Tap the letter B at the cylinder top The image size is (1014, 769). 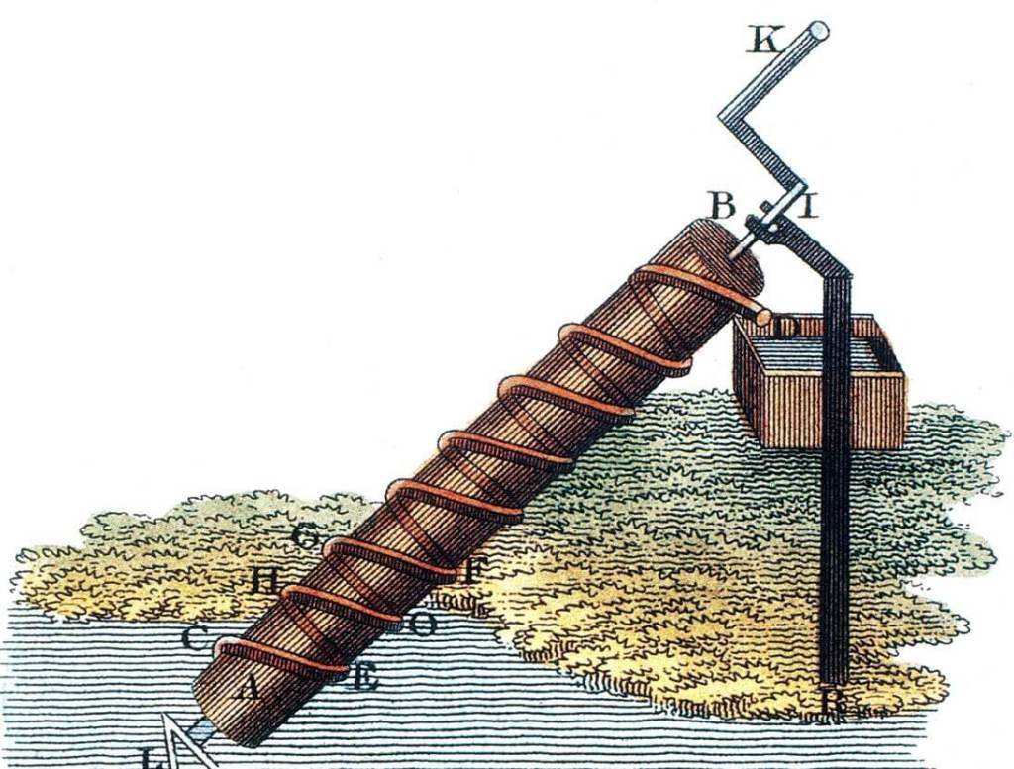tap(723, 206)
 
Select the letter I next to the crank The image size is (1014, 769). tap(808, 206)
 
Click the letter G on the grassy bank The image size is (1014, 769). tap(307, 537)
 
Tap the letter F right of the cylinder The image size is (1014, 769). tap(473, 571)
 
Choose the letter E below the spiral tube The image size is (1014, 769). tap(363, 678)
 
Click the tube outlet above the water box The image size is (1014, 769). tap(763, 316)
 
